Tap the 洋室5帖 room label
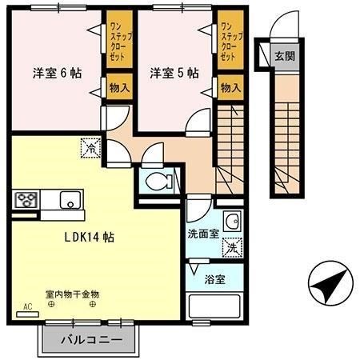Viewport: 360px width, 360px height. (174, 73)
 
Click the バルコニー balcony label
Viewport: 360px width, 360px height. (94, 339)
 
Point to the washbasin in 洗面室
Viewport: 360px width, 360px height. (233, 221)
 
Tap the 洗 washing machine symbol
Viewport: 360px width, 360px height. (232, 248)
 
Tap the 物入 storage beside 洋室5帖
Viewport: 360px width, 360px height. (230, 86)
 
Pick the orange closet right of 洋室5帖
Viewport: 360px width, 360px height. (230, 45)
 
